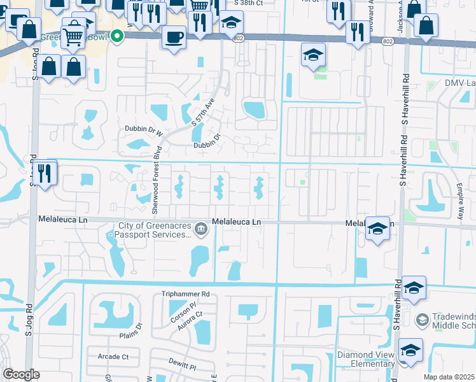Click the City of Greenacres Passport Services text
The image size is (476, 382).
(x=151, y=230)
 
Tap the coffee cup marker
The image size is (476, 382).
(x=174, y=36)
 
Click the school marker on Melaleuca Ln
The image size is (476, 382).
(x=377, y=229)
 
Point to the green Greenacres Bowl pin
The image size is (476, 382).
(x=116, y=36)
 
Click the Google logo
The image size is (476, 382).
(x=21, y=374)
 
